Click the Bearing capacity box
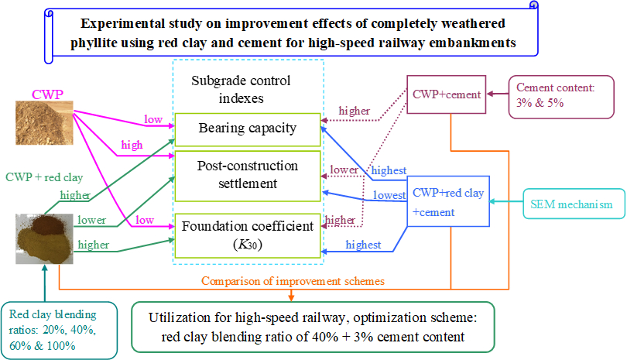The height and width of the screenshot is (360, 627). pyautogui.click(x=246, y=129)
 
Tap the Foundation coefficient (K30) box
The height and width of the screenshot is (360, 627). pyautogui.click(x=246, y=235)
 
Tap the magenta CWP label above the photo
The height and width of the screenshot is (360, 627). pyautogui.click(x=47, y=95)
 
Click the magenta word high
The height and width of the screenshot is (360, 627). pyautogui.click(x=132, y=146)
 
